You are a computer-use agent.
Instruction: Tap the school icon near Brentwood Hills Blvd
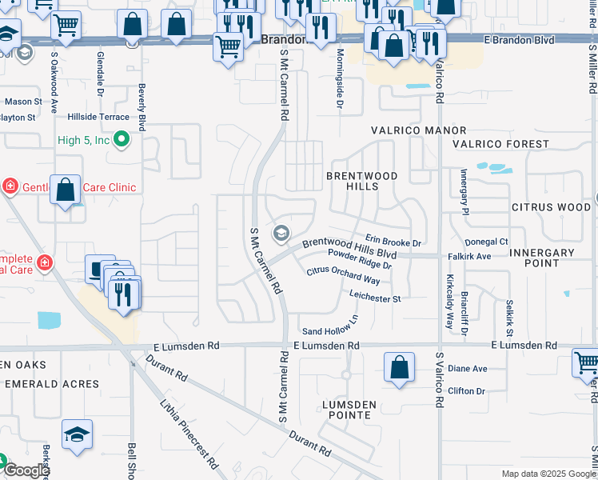[x=281, y=233]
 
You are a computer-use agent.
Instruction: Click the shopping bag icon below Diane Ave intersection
[x=399, y=367]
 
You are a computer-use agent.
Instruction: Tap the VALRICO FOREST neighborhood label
[x=500, y=144]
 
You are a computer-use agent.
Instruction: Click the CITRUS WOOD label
[x=551, y=207]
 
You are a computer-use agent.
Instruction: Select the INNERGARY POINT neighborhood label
[x=541, y=258]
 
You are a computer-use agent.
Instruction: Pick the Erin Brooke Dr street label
[x=393, y=240]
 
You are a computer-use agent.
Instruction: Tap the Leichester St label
[x=374, y=298]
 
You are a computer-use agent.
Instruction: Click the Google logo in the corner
[x=26, y=470]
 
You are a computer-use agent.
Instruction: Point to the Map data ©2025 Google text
[x=548, y=474]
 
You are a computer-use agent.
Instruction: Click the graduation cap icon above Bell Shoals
[x=78, y=434]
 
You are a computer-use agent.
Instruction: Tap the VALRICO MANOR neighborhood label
[x=418, y=130]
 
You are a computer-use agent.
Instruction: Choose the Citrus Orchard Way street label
[x=343, y=275]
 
